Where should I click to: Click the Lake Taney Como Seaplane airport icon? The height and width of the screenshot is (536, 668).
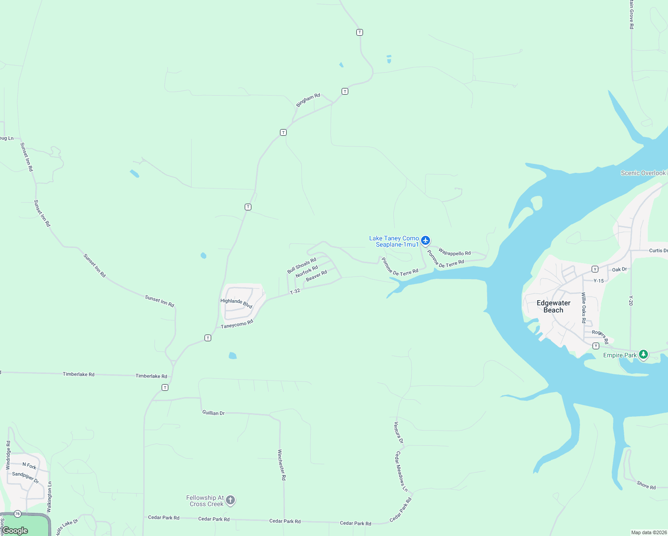426,241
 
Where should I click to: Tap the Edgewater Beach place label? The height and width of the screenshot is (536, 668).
553,306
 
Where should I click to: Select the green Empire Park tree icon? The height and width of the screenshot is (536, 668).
643,355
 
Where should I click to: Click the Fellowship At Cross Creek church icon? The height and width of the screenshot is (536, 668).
230,500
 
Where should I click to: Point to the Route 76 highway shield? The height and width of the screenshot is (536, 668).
17,514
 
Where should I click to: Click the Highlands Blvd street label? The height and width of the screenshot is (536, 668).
236,303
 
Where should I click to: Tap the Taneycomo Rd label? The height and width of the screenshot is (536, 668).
237,324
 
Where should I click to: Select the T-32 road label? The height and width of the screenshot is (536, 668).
295,291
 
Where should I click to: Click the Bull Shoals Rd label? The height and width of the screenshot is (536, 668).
301,265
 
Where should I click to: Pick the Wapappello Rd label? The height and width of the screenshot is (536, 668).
455,252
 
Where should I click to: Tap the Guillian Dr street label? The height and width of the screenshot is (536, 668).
213,413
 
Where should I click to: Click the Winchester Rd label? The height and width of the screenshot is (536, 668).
281,465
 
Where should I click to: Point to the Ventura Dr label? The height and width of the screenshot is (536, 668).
398,432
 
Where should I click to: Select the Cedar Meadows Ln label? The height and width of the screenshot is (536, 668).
401,471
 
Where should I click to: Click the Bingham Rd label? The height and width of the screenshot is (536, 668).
308,100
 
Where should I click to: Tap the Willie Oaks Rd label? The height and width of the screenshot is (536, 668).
584,307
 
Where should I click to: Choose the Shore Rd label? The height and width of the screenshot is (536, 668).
646,485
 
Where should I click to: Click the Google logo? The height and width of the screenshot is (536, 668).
15,531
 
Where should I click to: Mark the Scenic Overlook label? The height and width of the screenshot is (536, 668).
643,173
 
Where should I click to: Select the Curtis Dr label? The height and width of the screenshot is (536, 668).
658,251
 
